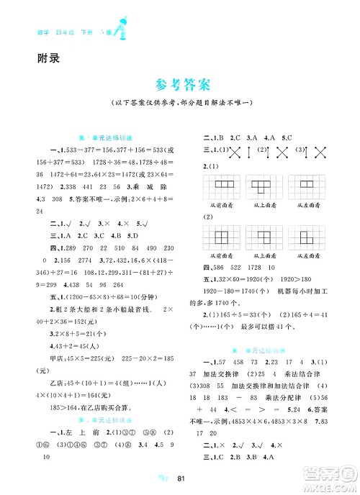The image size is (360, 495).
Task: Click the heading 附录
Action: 46,58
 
